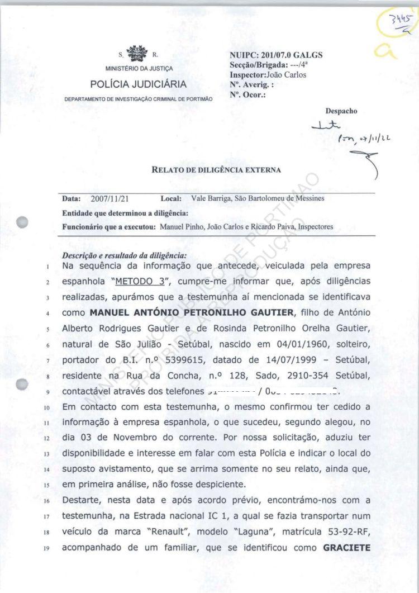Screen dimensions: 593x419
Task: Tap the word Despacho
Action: click(x=341, y=111)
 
